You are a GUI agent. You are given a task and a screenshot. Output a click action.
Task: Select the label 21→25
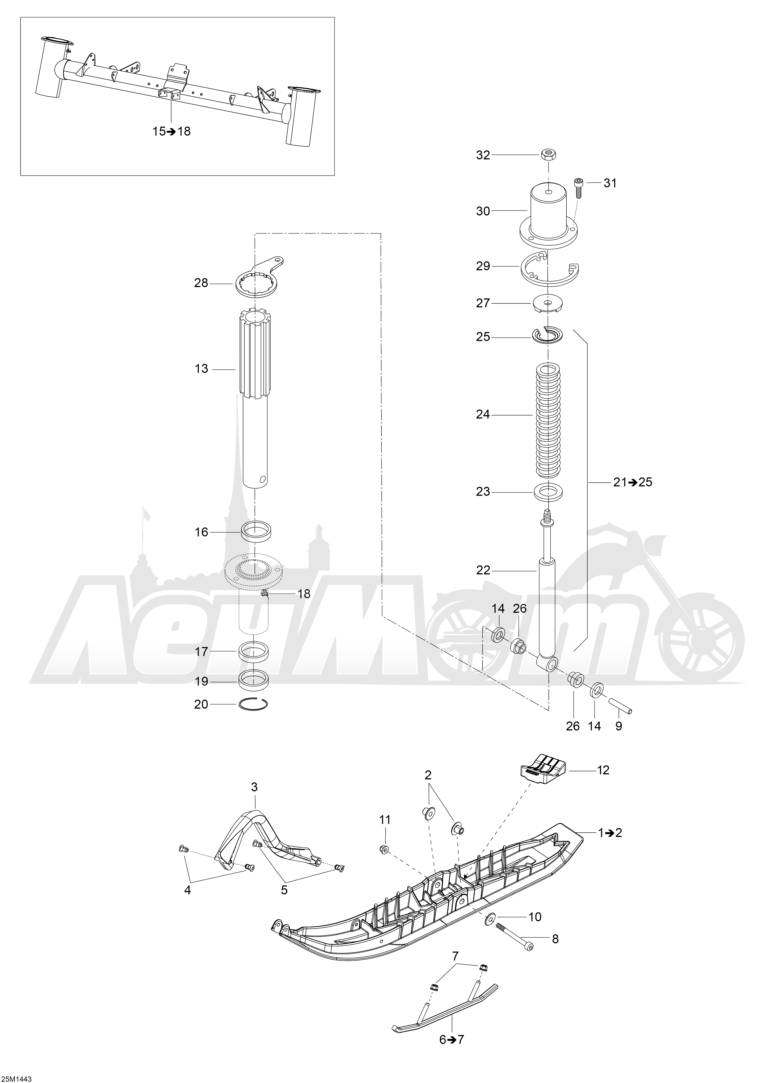(x=633, y=482)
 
